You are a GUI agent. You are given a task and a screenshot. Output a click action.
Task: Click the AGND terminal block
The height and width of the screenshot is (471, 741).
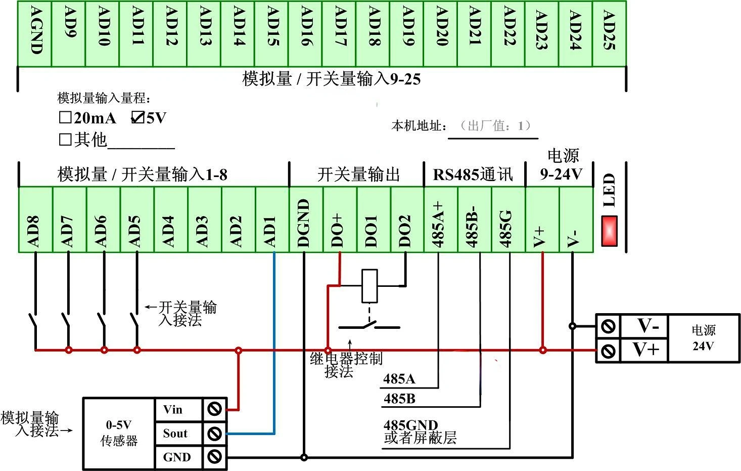coord(34,33)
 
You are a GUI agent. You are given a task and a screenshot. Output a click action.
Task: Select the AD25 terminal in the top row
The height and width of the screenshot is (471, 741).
coord(609,33)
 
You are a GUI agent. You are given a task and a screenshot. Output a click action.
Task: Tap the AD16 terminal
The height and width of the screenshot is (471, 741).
coord(305,33)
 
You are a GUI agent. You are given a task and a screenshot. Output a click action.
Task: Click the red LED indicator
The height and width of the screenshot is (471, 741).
coord(609,231)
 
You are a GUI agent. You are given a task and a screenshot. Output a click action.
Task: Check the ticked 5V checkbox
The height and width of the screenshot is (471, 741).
coord(137,118)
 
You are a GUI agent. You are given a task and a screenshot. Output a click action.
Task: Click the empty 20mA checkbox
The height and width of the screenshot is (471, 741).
coord(65,118)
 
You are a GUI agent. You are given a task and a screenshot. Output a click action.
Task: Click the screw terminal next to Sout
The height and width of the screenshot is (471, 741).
coord(215,434)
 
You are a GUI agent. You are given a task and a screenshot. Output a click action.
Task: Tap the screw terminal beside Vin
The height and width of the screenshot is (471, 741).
coord(215,409)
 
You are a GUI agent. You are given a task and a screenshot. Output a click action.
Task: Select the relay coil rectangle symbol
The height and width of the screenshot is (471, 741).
coord(370,286)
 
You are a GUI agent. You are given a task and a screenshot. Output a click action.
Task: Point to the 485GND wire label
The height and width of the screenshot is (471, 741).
coord(410,425)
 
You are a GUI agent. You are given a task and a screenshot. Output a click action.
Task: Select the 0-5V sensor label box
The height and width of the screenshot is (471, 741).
coord(119,433)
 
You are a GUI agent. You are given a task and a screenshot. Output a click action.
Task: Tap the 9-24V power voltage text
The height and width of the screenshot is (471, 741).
coord(561,174)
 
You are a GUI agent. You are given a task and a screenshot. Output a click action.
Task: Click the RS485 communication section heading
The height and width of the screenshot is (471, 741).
coord(473,175)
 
